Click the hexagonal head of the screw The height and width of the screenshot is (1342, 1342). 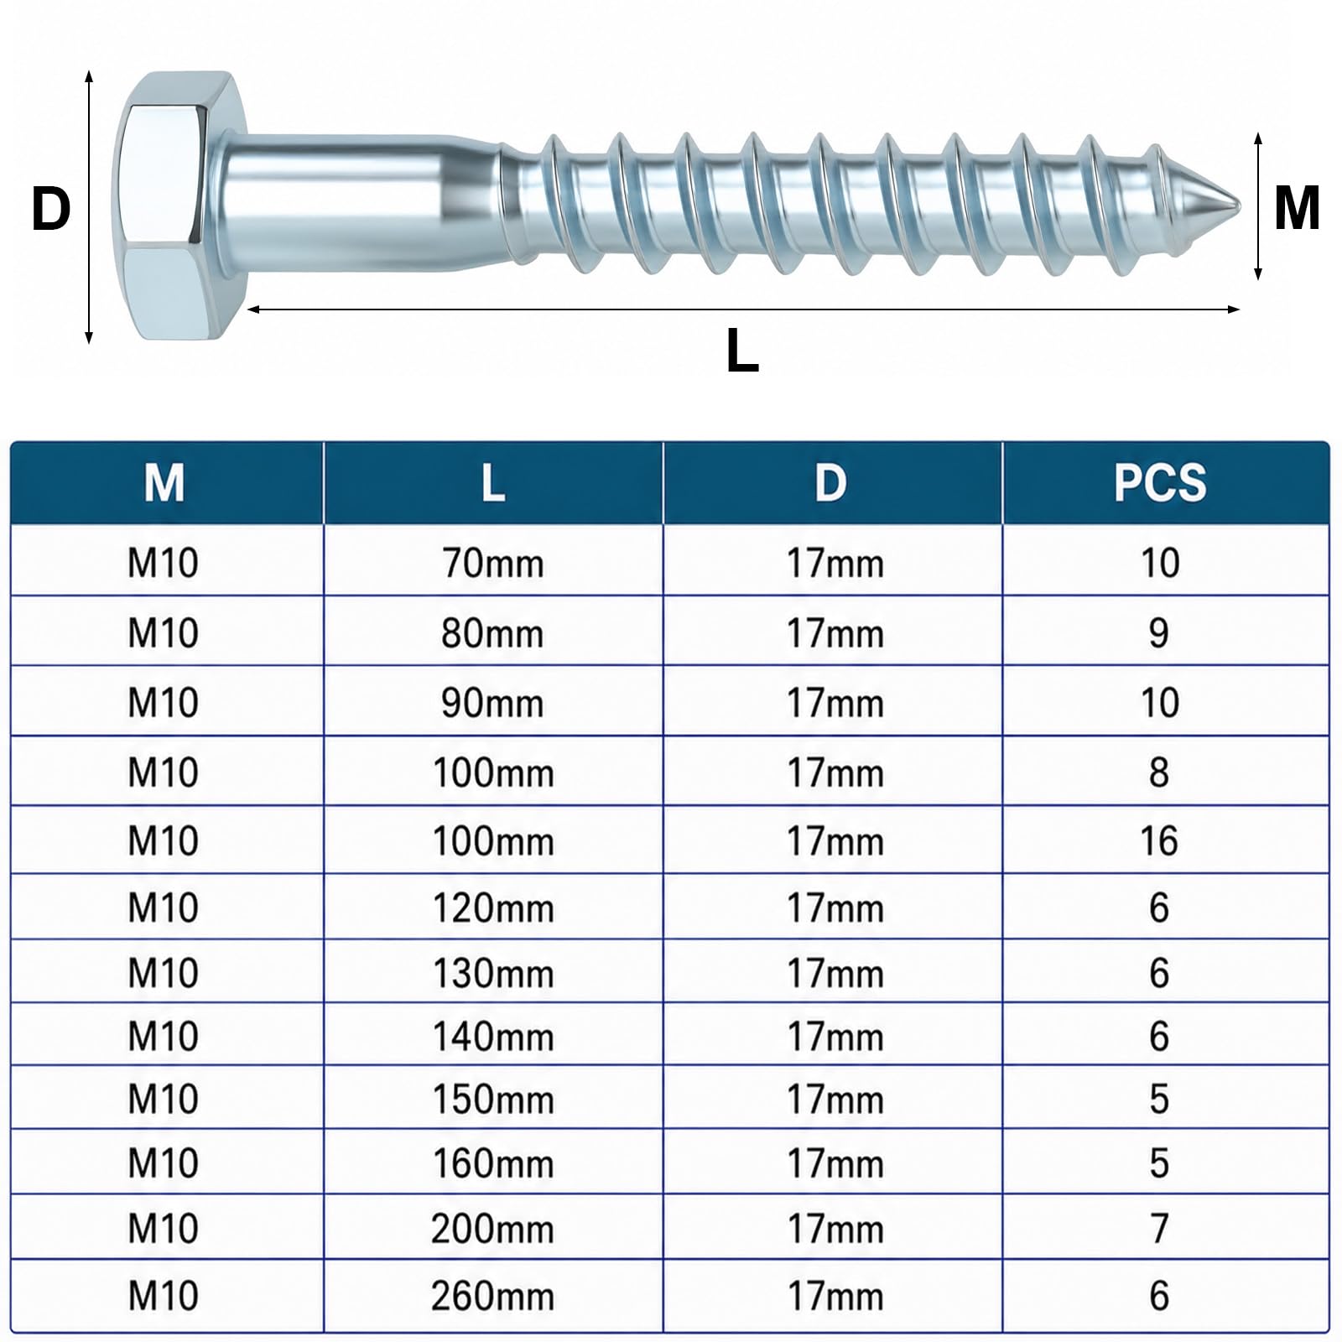point(180,206)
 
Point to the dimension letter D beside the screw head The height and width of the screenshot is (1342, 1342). point(51,209)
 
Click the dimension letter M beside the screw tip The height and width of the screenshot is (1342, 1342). point(1297,208)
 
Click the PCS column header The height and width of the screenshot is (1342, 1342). point(1160,483)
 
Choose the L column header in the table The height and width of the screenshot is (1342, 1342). point(493,483)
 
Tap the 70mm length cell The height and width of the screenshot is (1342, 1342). point(493,563)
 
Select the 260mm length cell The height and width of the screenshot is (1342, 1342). point(493,1296)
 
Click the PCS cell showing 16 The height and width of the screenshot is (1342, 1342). point(1159,840)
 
